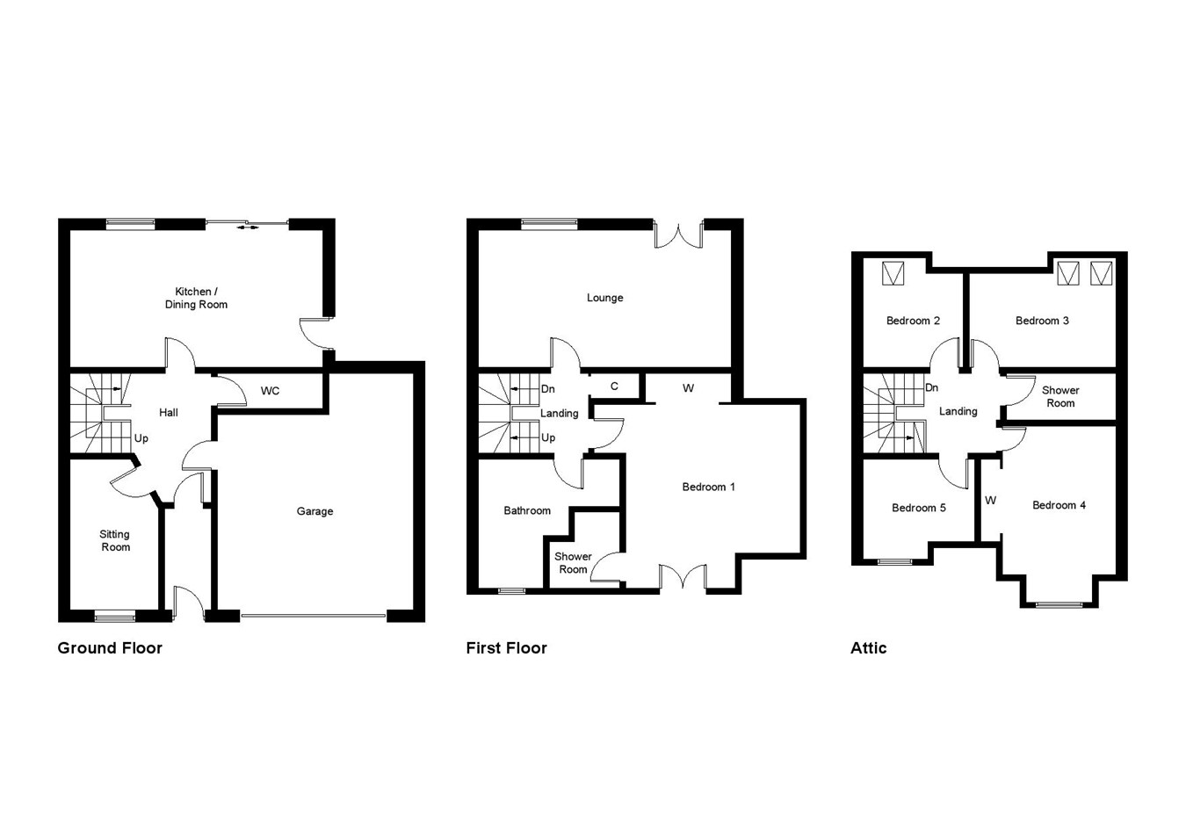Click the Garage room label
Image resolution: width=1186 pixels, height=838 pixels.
click(315, 511)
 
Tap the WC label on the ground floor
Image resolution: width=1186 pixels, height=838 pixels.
click(270, 391)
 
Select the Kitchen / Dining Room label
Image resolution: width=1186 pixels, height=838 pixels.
click(196, 298)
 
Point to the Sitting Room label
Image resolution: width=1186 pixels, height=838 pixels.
click(115, 540)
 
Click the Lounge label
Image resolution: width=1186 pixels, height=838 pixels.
click(604, 298)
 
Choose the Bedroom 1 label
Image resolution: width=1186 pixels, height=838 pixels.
click(708, 487)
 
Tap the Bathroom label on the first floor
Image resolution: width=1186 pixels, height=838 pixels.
click(527, 510)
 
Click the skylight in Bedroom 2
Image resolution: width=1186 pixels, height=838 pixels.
click(893, 273)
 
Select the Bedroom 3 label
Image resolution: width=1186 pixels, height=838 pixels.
click(1042, 321)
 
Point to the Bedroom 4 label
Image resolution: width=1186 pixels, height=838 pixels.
click(1059, 505)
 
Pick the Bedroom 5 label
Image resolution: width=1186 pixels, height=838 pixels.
click(918, 508)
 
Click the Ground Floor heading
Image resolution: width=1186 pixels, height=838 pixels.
click(110, 648)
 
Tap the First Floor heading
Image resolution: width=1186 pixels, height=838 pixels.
click(506, 648)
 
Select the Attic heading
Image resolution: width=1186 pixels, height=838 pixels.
click(868, 648)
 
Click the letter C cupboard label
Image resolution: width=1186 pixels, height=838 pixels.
click(614, 386)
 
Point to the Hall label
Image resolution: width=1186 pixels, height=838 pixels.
click(168, 412)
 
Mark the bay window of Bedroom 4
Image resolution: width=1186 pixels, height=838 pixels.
click(1059, 604)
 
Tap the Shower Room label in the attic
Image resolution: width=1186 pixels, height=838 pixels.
click(1060, 396)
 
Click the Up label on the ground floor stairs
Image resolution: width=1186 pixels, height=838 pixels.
click(141, 438)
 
